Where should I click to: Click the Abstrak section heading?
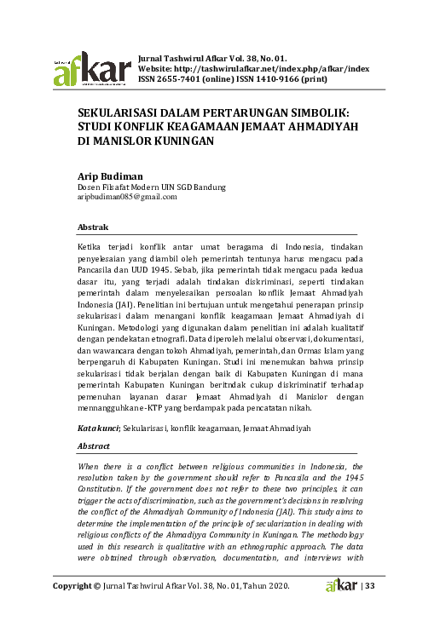(x=93, y=228)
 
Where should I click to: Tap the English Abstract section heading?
(x=94, y=446)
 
